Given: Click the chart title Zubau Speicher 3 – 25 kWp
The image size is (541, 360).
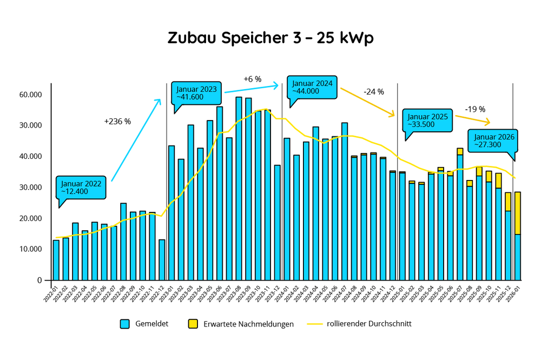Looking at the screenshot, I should [270, 38].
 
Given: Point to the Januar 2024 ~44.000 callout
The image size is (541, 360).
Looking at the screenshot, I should [312, 87].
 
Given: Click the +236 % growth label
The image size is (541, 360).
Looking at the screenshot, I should [117, 122].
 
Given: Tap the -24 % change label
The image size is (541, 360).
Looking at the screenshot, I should [373, 92].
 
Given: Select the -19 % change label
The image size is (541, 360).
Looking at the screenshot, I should [475, 109].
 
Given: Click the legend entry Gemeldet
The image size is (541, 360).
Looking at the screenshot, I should [144, 324].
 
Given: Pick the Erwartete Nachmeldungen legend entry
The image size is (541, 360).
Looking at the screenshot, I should [241, 324].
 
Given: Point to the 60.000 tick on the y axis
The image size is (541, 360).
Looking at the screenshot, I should [31, 95].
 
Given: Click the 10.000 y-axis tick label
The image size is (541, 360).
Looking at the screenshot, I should [31, 249].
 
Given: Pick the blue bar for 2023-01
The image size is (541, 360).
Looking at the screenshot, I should [171, 212].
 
